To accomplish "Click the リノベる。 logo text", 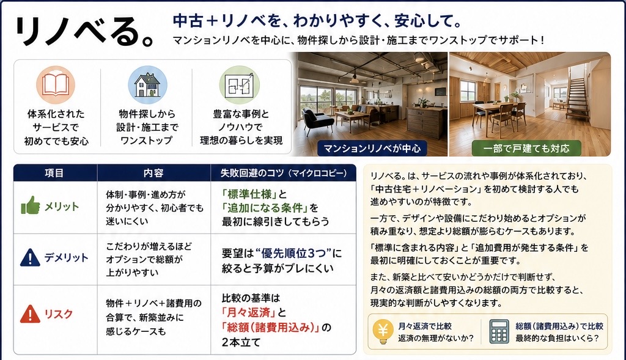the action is coord(84,31).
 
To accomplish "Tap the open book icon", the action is coord(56,84).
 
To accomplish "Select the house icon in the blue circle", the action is coord(147,84).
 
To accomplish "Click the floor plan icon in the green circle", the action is coord(239,84).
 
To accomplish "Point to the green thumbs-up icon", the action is coord(31,205).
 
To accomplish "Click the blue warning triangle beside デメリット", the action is coord(30,257).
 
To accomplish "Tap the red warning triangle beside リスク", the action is coord(30,314).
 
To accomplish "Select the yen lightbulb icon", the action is coord(383,331).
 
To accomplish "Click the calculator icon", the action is coord(499,331).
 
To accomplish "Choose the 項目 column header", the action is coord(54,173).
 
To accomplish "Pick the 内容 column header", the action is coord(153,173).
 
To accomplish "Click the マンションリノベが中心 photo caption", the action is coord(372,149).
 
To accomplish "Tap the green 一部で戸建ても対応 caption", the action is coord(526,149).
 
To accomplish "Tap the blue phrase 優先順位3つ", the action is coord(293,254).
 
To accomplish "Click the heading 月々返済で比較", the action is coord(425,326).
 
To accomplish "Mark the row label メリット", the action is coord(62,207).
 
